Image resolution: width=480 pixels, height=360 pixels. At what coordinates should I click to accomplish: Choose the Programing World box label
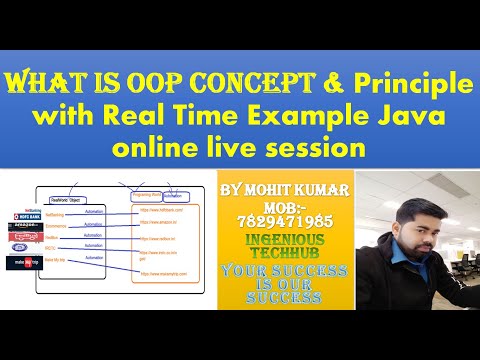click(151, 196)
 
